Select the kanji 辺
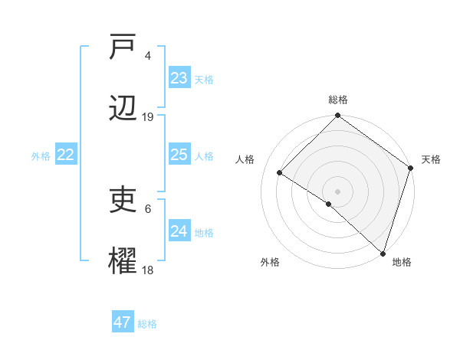coord(123,109)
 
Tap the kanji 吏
coord(123,201)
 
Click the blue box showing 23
coord(179,78)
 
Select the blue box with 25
coord(179,155)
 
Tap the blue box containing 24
coord(179,231)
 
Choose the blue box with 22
coord(66,155)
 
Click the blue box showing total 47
coord(123,322)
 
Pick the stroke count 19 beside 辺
coord(148,117)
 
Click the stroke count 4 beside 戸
coord(148,56)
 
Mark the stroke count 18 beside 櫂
coord(148,270)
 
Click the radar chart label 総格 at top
coord(338,100)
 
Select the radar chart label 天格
coord(431,159)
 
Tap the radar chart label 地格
coord(402,262)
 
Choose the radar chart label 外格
coord(270,262)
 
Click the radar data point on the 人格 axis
coord(280,172)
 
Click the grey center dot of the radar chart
coord(338,191)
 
